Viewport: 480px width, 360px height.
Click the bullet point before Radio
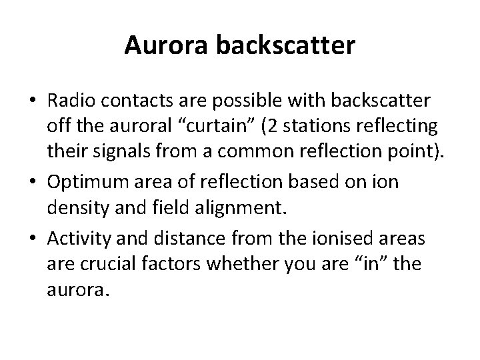[33, 100]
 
